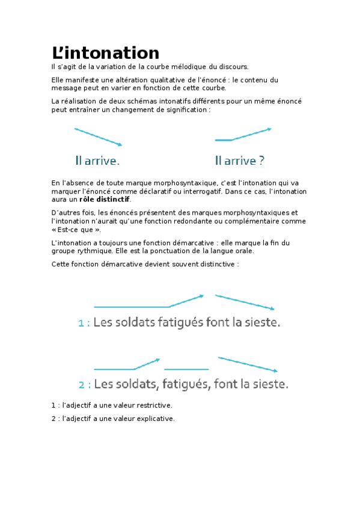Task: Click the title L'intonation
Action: click(x=106, y=53)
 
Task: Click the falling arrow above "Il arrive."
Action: click(x=98, y=137)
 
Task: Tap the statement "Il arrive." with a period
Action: click(x=97, y=161)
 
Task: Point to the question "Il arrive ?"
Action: click(x=240, y=161)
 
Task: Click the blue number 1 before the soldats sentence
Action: click(x=81, y=324)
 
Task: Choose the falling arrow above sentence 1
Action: click(x=245, y=302)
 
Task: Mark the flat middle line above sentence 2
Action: click(x=186, y=369)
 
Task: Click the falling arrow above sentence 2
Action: click(x=248, y=364)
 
